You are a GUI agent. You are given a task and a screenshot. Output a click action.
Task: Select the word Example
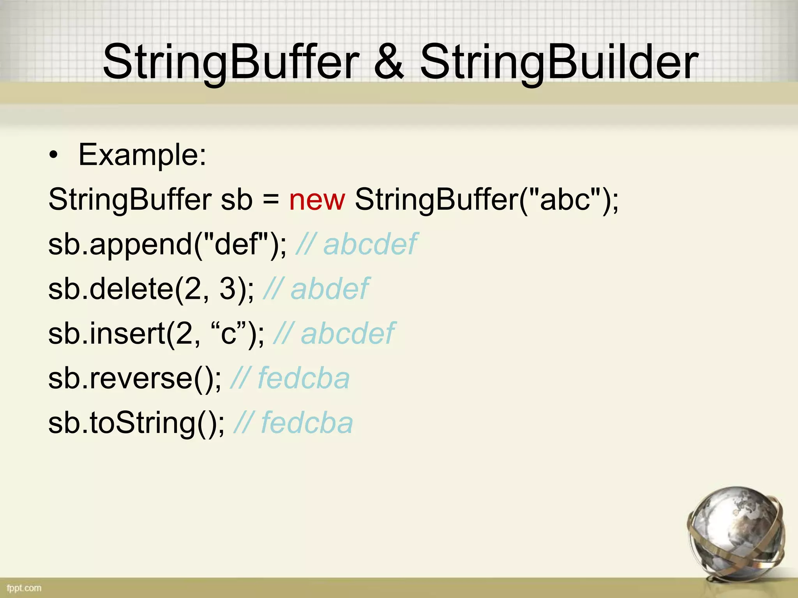point(142,155)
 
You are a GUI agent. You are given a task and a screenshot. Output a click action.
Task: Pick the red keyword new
point(317,199)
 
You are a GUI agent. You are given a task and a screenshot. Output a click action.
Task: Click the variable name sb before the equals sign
point(237,199)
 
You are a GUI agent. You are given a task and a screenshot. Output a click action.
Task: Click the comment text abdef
point(329,289)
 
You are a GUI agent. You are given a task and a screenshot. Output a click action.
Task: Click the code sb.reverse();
point(135,378)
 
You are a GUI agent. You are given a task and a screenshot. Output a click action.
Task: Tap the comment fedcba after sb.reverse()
point(303,378)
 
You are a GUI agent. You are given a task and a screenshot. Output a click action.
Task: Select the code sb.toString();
point(136,423)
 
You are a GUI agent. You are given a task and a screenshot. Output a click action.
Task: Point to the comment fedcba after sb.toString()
point(307,423)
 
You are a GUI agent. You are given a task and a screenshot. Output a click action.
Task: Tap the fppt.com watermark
point(24,588)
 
